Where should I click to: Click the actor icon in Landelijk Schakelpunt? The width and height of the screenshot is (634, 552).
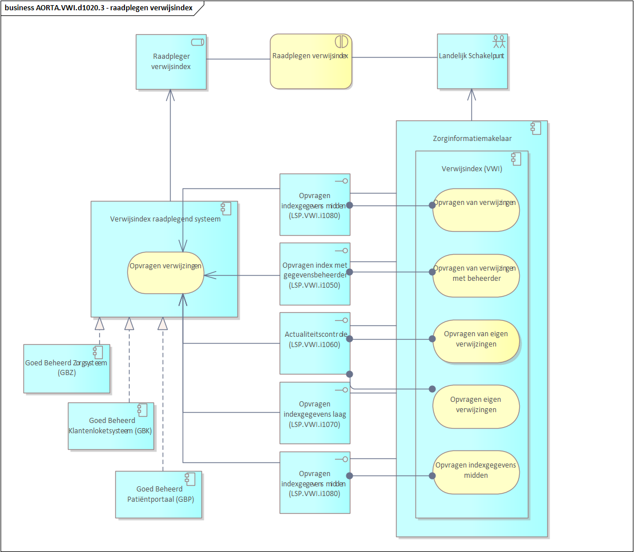pos(499,41)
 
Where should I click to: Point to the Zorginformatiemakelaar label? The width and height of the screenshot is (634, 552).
pos(472,138)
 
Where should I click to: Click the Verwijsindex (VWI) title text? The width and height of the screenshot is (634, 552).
pos(471,169)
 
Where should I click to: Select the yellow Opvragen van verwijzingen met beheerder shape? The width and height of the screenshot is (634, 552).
pos(476,275)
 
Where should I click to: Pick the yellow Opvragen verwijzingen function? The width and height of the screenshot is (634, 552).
pos(165,273)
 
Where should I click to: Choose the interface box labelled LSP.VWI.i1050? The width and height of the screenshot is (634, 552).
pos(314,274)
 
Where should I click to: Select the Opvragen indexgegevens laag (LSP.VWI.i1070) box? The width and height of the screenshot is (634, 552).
pos(314,413)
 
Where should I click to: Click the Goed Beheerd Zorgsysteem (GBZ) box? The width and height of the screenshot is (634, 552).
pos(67,368)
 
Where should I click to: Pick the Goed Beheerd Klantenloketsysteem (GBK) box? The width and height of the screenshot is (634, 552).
pos(111,426)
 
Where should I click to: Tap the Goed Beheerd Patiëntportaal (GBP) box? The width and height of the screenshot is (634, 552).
pos(159,494)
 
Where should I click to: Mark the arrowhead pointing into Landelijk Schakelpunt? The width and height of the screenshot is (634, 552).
pos(472,94)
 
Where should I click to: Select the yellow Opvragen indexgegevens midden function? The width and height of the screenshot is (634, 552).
pos(476,473)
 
